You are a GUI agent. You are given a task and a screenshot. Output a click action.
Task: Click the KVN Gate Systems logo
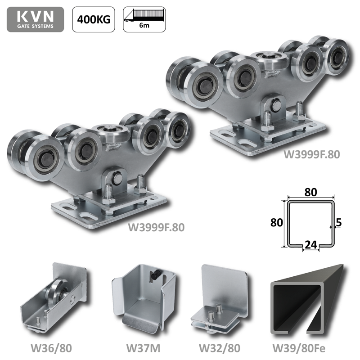click(36, 19)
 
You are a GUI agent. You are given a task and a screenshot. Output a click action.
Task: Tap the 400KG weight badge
click(94, 19)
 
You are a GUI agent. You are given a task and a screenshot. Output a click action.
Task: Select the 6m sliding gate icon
click(144, 19)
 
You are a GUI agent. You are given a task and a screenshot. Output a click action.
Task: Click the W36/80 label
click(51, 348)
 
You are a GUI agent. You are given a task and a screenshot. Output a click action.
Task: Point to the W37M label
click(144, 348)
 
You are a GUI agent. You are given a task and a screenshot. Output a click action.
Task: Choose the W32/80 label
click(220, 348)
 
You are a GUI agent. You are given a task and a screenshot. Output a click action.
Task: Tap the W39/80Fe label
click(299, 348)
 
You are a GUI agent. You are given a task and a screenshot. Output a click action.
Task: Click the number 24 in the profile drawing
click(310, 245)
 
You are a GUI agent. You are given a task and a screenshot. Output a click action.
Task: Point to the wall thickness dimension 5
click(339, 222)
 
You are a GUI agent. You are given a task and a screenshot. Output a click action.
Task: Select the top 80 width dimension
click(311, 192)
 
